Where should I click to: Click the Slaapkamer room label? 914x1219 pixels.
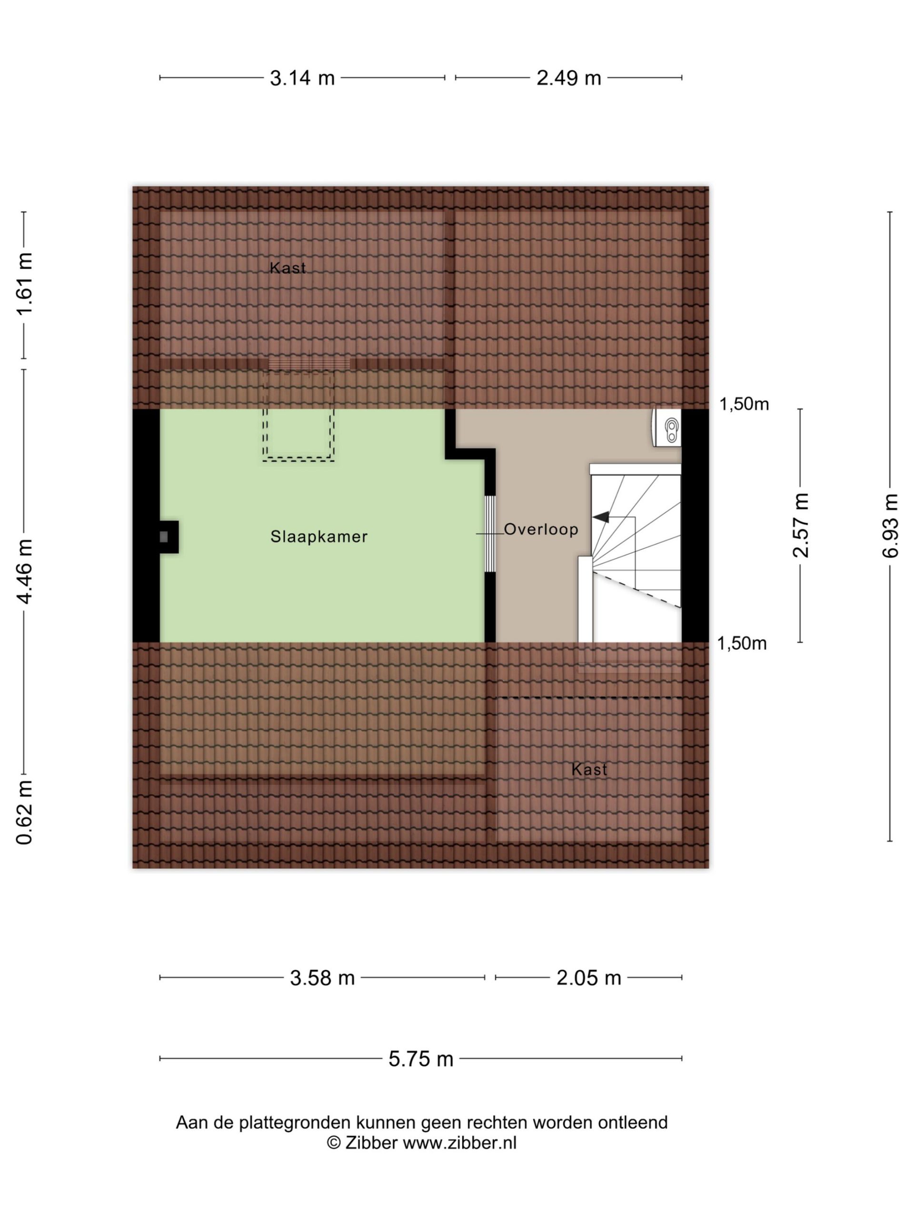tap(318, 536)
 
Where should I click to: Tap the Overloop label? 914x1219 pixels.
tap(541, 529)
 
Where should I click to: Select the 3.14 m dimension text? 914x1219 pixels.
tap(302, 78)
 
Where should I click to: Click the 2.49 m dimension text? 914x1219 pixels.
tap(568, 78)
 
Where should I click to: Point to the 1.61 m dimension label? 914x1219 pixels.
tap(25, 284)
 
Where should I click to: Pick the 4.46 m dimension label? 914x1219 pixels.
tap(25, 571)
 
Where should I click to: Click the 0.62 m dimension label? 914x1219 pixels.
tap(25, 813)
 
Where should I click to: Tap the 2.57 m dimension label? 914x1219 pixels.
tap(801, 526)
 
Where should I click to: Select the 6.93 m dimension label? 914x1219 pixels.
tap(890, 526)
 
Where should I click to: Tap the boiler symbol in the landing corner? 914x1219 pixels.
tap(667, 428)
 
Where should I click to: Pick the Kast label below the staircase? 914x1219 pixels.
tap(589, 770)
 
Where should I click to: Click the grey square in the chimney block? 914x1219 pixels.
tap(164, 537)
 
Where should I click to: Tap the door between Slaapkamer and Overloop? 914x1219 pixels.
tap(490, 534)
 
